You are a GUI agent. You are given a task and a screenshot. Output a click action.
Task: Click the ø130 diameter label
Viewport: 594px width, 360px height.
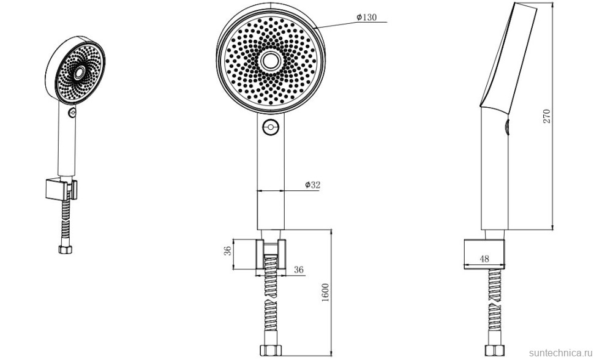(x=367, y=17)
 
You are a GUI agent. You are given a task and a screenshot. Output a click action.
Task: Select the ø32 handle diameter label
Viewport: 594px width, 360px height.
(x=313, y=185)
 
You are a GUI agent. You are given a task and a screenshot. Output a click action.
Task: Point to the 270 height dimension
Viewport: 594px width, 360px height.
(x=546, y=116)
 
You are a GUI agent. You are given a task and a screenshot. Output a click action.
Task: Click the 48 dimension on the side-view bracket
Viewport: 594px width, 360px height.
(x=484, y=259)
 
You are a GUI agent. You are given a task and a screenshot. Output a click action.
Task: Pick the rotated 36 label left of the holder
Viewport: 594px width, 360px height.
(x=228, y=251)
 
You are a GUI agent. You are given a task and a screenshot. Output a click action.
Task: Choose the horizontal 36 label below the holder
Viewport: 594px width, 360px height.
(x=299, y=270)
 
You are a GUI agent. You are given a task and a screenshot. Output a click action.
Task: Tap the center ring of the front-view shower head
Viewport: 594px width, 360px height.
(x=271, y=61)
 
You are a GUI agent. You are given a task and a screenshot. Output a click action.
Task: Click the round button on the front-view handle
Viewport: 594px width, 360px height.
(x=271, y=127)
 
